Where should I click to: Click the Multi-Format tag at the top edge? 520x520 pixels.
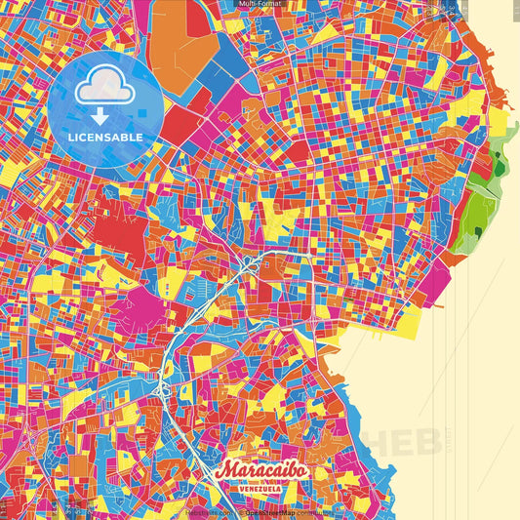[x=260, y=5]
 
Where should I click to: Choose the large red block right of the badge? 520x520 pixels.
[x=180, y=125]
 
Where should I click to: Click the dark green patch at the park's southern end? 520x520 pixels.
[x=479, y=232]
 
